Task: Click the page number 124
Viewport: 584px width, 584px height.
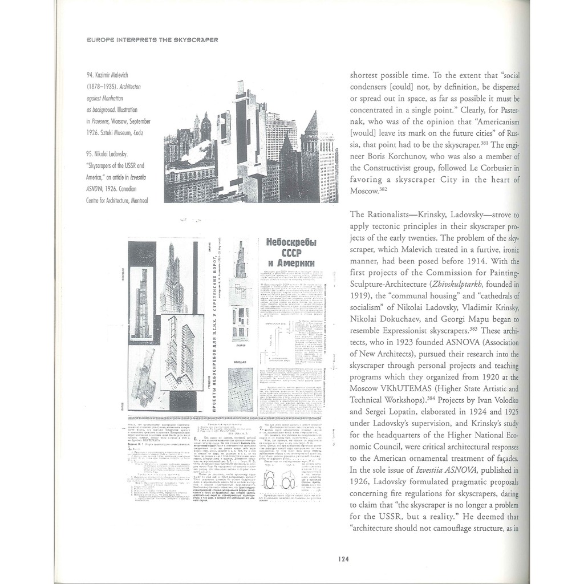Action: (343, 559)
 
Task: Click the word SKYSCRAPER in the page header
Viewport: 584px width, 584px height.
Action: (193, 40)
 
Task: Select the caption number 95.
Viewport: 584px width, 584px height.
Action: (91, 154)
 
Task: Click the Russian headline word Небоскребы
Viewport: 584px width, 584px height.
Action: (290, 241)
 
